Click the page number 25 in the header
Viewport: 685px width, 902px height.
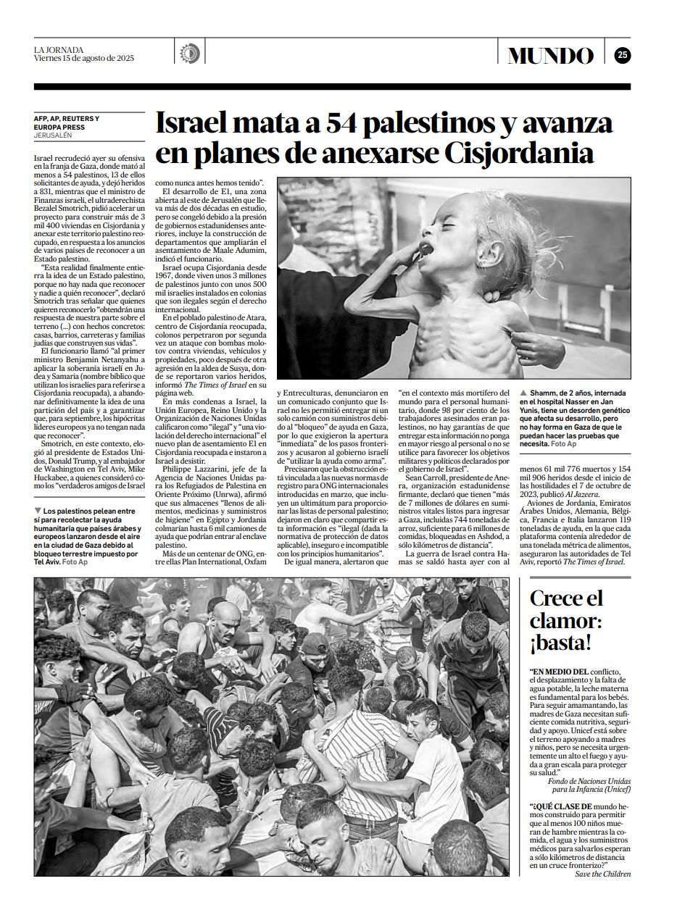coord(622,55)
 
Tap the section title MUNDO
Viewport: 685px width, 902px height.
coord(550,56)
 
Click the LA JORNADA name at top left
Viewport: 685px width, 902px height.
coord(59,49)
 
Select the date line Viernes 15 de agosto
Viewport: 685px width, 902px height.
coord(84,59)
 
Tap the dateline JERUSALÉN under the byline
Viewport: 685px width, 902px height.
coord(53,135)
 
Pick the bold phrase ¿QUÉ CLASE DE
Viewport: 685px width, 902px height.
coord(561,806)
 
